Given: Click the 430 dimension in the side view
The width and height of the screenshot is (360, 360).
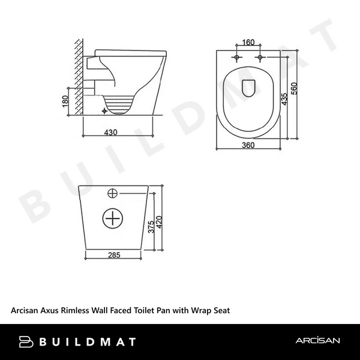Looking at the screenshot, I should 110,132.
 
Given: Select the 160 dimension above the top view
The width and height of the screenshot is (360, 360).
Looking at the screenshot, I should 249,43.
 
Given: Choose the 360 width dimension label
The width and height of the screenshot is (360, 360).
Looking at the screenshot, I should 249,145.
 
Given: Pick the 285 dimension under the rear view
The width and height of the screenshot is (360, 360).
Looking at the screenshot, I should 114,254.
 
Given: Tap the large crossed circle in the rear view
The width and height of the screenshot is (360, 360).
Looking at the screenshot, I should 112,218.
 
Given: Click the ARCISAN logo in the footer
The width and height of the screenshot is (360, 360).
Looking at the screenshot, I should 318,341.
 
